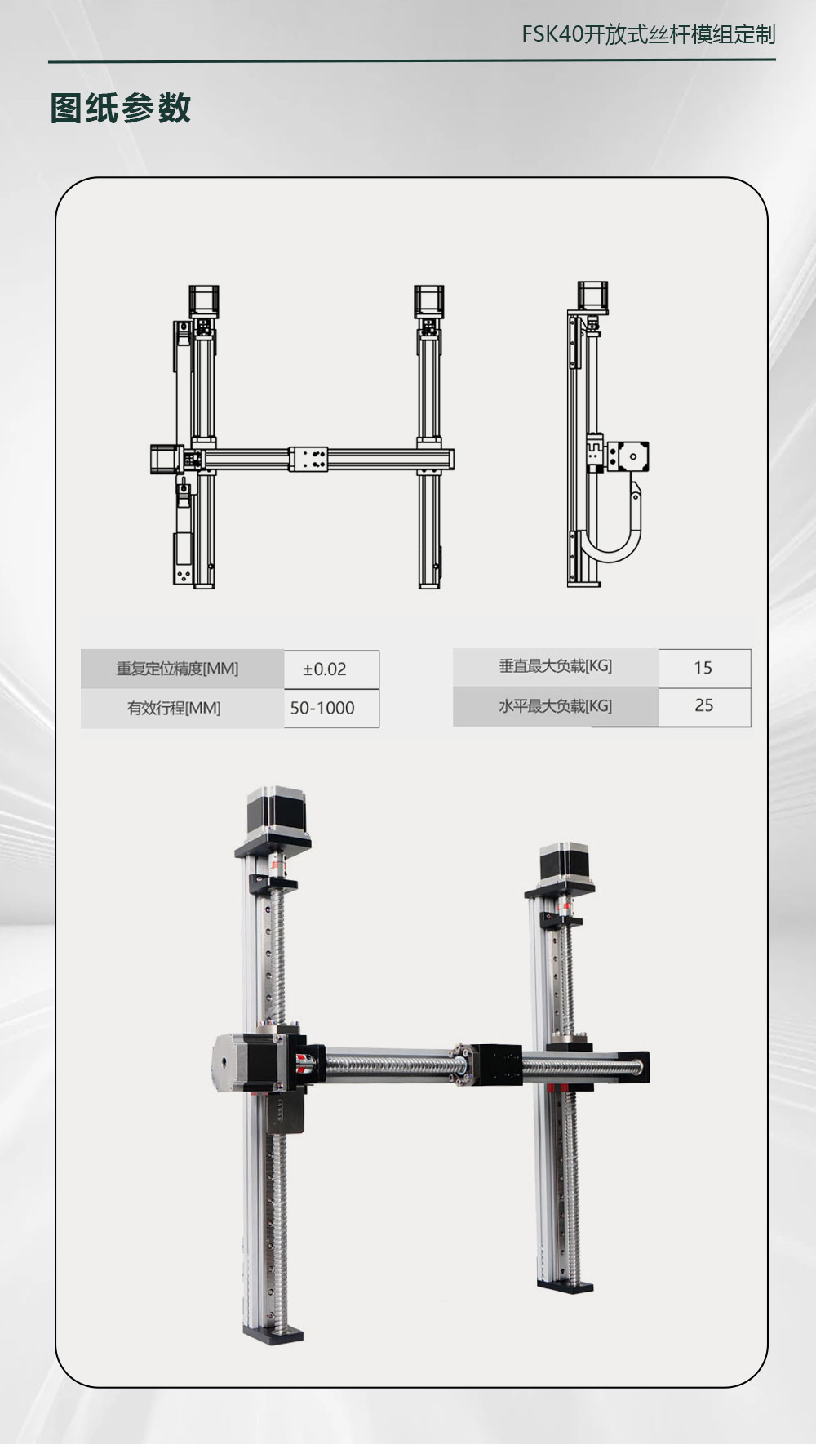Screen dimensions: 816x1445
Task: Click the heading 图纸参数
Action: pos(121,108)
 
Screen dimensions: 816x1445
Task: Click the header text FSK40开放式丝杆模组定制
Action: pos(649,34)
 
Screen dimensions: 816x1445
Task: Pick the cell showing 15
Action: pos(704,668)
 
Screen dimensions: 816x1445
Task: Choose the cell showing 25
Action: pos(704,706)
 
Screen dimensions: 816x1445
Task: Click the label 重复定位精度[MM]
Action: pos(178,669)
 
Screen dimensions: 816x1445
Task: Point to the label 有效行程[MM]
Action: pos(174,708)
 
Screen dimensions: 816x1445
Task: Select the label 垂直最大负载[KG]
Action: pos(556,666)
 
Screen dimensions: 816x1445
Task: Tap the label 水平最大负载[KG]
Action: pos(556,705)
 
